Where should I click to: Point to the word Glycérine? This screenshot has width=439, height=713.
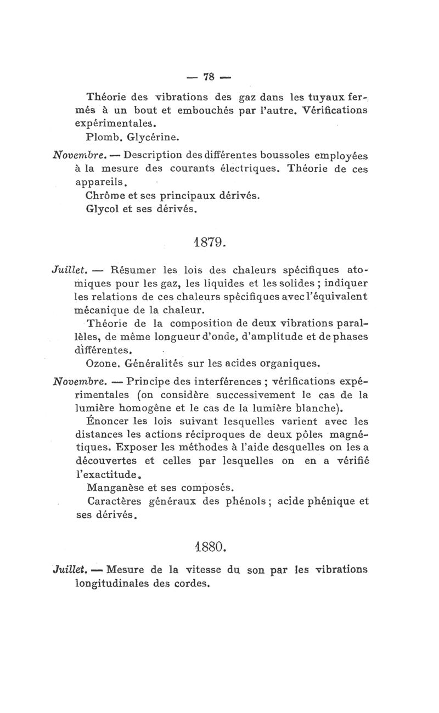point(149,134)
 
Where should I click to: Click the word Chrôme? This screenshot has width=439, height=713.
point(105,195)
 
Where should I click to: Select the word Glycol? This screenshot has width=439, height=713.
point(103,209)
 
